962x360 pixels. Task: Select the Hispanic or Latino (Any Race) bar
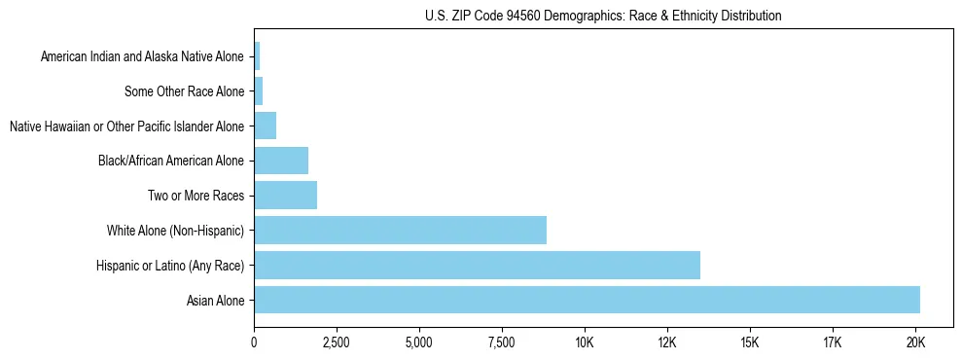tap(477, 265)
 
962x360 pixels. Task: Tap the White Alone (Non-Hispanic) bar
tap(400, 230)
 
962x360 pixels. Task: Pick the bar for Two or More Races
tap(285, 195)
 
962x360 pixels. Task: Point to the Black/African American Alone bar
tap(281, 160)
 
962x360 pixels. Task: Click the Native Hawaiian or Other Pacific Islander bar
tap(265, 126)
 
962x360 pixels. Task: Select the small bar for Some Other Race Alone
tap(258, 91)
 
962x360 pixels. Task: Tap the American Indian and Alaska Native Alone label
tap(142, 57)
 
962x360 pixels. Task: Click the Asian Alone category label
tap(216, 301)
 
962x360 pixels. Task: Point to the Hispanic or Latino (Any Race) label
tap(170, 266)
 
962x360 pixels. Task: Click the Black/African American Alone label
tap(171, 162)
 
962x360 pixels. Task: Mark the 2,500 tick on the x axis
tap(336, 343)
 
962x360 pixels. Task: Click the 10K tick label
tap(585, 343)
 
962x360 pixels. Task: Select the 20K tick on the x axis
tap(915, 343)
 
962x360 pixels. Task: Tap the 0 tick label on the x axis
tap(254, 343)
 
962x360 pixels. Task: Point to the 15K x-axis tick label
tap(750, 343)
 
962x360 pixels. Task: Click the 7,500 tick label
tap(501, 343)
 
